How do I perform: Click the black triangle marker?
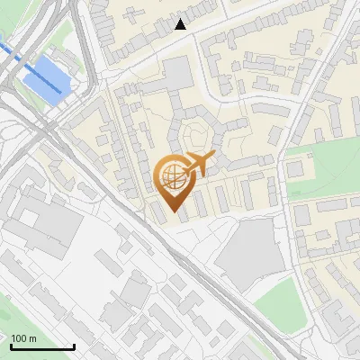tap(181, 24)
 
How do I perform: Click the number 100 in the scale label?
tap(20, 338)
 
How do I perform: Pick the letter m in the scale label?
tap(33, 338)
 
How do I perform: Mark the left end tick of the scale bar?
tap(11, 346)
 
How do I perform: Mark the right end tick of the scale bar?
tap(75, 346)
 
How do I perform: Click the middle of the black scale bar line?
tap(42, 347)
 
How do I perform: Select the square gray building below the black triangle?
tap(178, 73)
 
